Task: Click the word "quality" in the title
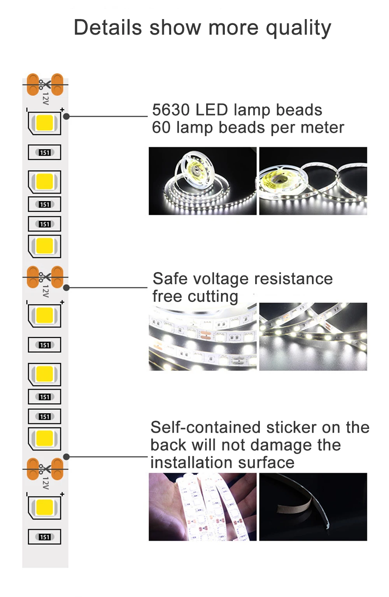click(298, 28)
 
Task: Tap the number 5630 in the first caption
click(170, 110)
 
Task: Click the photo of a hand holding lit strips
click(203, 507)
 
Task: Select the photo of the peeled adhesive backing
click(313, 507)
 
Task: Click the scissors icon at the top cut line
click(44, 84)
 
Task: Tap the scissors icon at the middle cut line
click(44, 277)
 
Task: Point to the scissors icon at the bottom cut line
click(44, 469)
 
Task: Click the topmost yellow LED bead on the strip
click(44, 123)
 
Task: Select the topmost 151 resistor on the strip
click(45, 152)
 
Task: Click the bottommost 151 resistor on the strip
click(45, 537)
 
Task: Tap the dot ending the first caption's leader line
click(66, 116)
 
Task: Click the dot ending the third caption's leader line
click(66, 457)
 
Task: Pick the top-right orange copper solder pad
click(57, 84)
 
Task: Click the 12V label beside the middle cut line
click(46, 291)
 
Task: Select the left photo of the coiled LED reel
click(203, 181)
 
